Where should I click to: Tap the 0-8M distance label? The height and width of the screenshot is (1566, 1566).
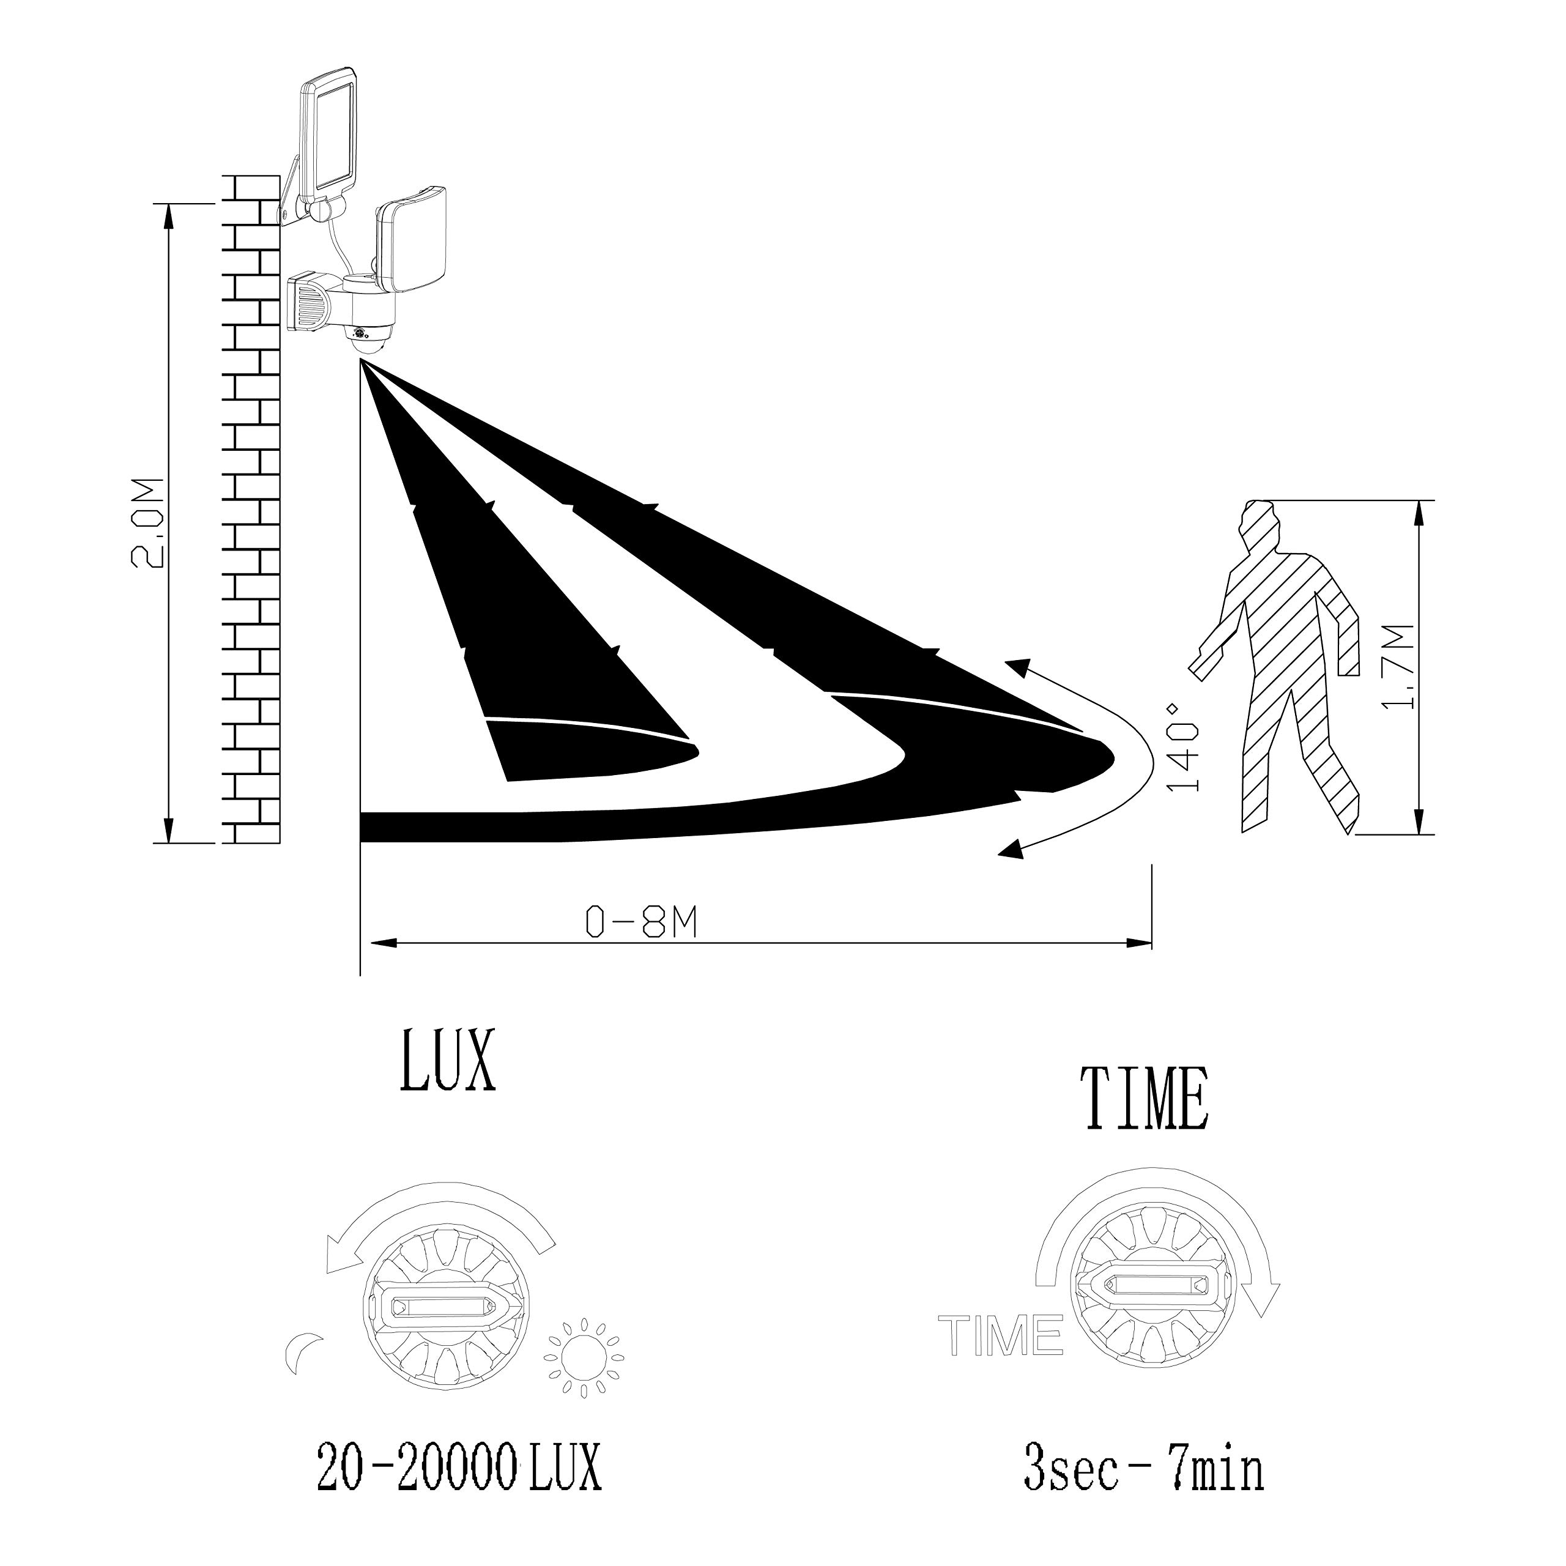[641, 922]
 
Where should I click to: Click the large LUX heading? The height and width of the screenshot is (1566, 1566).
[447, 1061]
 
